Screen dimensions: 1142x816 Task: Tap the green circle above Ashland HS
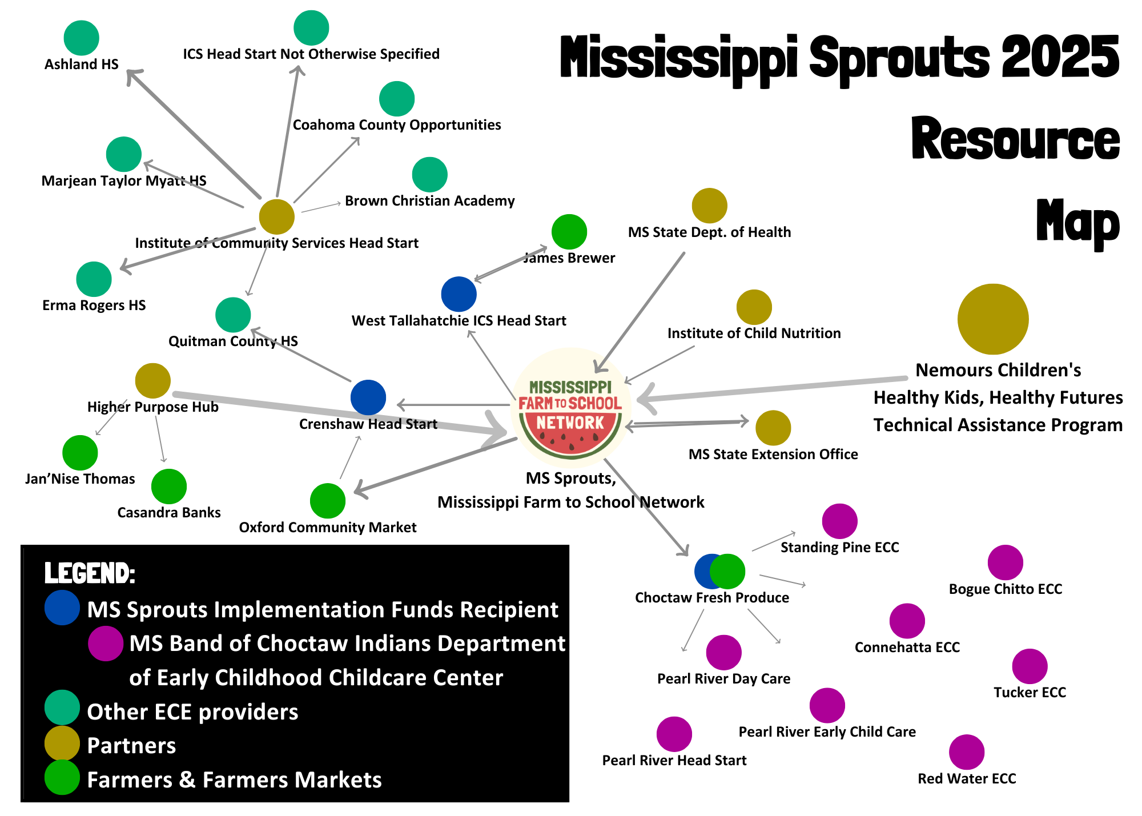[x=82, y=38]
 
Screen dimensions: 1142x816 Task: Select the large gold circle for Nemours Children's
[x=993, y=319]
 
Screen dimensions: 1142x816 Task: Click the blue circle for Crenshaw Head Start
[x=368, y=397]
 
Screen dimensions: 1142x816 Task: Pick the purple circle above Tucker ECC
[x=1030, y=666]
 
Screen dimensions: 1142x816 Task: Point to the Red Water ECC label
[x=967, y=779]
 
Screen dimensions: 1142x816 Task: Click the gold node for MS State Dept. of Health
[x=709, y=206]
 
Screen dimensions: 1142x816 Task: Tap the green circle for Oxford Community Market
[x=328, y=501]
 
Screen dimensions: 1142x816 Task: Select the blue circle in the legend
[x=62, y=608]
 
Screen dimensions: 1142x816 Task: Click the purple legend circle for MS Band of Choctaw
[x=106, y=644]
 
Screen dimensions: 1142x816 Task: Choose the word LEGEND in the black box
[x=90, y=573]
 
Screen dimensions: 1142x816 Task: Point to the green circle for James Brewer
[x=569, y=232]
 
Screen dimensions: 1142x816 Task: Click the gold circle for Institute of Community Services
[x=277, y=216]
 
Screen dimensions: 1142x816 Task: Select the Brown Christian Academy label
[x=429, y=201]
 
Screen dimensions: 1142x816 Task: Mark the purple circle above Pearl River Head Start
[x=674, y=734]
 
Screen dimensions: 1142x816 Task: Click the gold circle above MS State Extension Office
[x=773, y=428]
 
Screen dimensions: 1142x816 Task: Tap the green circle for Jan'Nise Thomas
[x=80, y=453]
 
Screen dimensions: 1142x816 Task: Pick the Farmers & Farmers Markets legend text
[x=234, y=780]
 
